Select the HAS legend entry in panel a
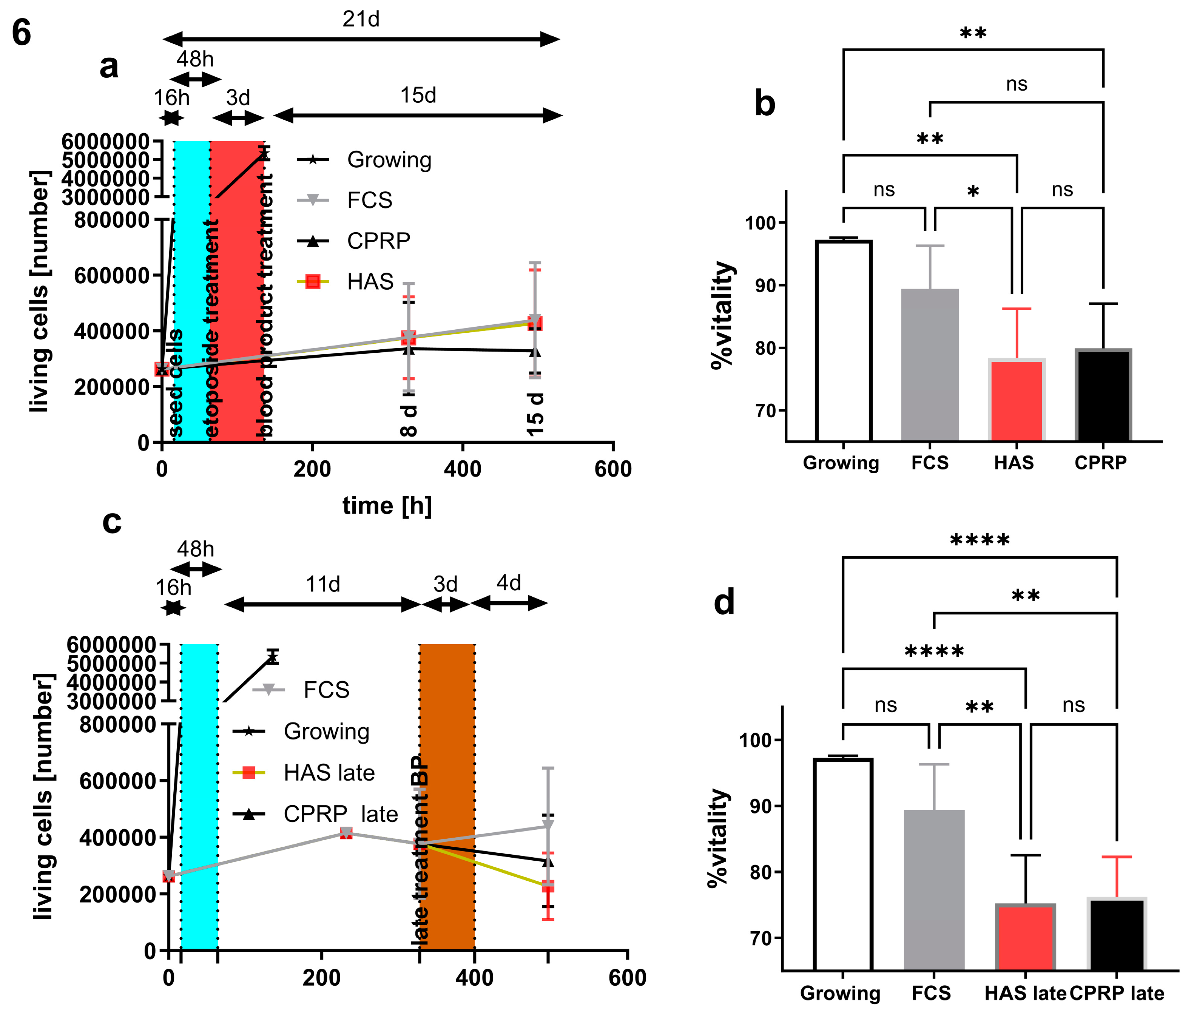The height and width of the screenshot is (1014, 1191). (370, 282)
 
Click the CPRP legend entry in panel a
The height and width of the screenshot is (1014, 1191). (378, 241)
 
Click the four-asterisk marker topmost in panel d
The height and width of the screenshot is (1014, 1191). (980, 541)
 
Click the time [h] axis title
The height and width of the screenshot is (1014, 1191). (387, 506)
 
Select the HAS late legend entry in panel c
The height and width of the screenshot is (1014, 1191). (329, 773)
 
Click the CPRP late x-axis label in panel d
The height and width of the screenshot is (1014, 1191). (1116, 993)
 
